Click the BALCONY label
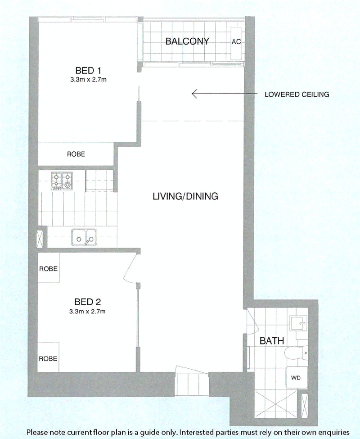[x=187, y=41]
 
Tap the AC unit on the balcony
[x=236, y=43]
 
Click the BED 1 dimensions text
[x=88, y=80]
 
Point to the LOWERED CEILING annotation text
[x=297, y=95]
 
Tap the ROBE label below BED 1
[x=76, y=154]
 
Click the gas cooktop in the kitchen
[x=62, y=181]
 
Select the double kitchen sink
[x=84, y=237]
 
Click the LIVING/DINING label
[x=185, y=196]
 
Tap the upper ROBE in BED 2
[x=49, y=268]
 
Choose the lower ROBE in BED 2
[x=48, y=359]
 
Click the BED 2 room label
[x=88, y=302]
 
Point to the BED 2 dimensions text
[x=88, y=311]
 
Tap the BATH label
[x=272, y=341]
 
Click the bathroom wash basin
[x=299, y=323]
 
